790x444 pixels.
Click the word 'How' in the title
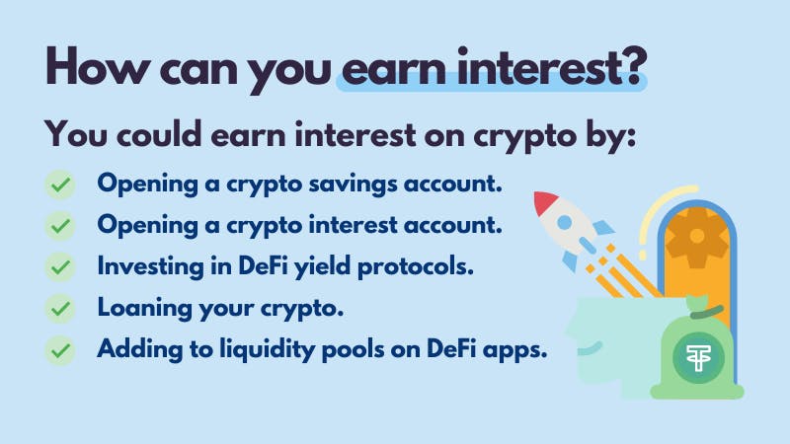(96, 66)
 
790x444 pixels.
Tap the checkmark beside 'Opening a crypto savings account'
(60, 185)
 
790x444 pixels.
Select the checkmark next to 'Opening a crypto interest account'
(60, 226)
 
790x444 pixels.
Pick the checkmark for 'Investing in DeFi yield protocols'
(60, 266)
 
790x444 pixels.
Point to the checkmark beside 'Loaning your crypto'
(60, 308)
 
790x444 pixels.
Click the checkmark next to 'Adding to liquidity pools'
(60, 350)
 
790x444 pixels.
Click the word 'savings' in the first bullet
(353, 185)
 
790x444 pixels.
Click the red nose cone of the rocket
(545, 202)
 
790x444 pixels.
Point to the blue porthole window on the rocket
(565, 222)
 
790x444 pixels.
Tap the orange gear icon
(697, 237)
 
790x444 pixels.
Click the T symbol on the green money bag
(699, 358)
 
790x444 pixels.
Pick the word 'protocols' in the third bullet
(416, 266)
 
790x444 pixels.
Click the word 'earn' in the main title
(394, 68)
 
